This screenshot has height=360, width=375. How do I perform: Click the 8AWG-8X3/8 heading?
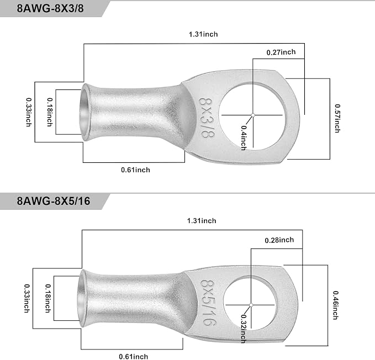click(x=50, y=8)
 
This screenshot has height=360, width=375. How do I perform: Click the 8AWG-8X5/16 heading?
click(x=54, y=201)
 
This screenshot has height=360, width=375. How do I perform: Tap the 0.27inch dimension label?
click(x=281, y=52)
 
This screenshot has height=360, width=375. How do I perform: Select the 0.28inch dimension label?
click(x=279, y=240)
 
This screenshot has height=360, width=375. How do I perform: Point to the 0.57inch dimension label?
click(x=337, y=118)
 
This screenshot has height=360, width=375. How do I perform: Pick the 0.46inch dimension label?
click(x=336, y=305)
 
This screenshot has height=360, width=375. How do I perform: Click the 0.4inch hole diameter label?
click(x=244, y=138)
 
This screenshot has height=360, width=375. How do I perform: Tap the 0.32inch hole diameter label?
click(x=244, y=329)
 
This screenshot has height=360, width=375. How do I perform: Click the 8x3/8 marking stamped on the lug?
click(x=207, y=118)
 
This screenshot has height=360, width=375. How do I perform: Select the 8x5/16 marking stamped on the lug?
click(x=208, y=303)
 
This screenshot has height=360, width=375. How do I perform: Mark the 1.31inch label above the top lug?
click(x=203, y=34)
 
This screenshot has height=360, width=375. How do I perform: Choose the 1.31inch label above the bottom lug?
click(x=202, y=221)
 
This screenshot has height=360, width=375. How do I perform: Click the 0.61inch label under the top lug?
click(x=136, y=170)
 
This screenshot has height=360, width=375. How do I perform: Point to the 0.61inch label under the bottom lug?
click(x=134, y=357)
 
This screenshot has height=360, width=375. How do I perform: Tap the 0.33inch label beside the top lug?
click(x=29, y=112)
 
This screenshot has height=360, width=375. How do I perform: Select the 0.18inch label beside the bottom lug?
click(x=48, y=298)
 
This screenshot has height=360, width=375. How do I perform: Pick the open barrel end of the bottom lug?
click(x=82, y=298)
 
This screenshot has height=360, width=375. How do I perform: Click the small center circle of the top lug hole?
click(x=253, y=115)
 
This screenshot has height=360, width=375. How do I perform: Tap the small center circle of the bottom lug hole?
click(x=251, y=305)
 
